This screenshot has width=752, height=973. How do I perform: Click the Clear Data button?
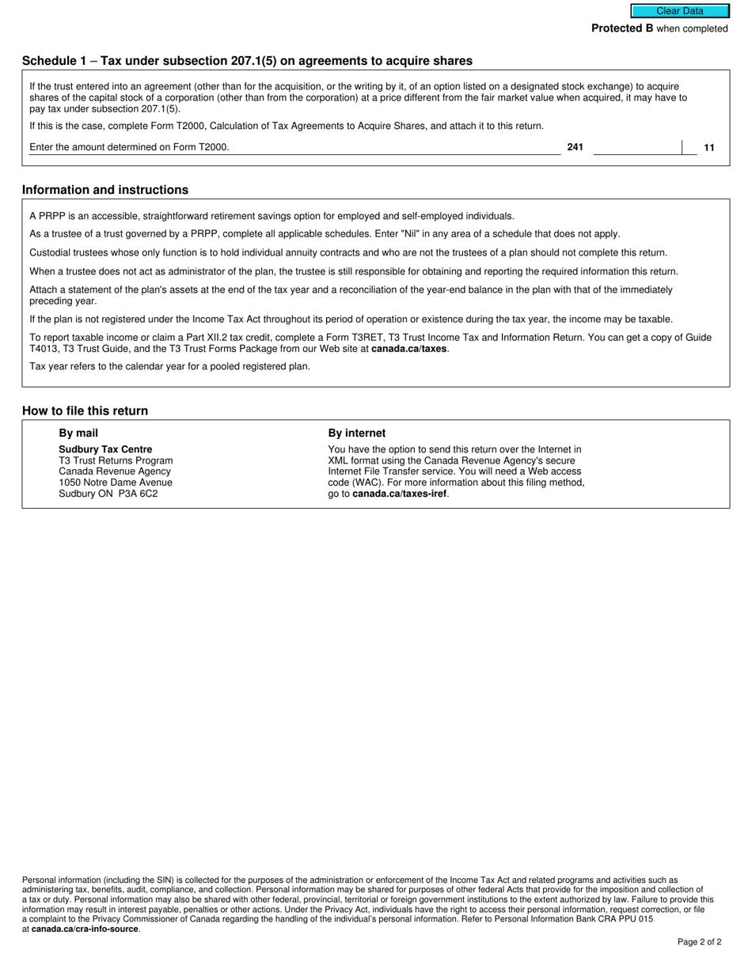tap(679, 11)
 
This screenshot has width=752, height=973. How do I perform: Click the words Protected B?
tap(622, 28)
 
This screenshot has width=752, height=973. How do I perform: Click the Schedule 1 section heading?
tap(247, 61)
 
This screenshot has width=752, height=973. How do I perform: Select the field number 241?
tap(575, 147)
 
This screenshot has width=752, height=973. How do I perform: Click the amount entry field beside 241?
tap(636, 147)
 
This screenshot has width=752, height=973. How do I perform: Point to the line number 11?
tap(709, 148)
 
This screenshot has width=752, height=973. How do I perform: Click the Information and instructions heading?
tap(105, 190)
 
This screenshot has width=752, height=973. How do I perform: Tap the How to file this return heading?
tap(85, 411)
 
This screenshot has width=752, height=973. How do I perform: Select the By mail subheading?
tap(78, 433)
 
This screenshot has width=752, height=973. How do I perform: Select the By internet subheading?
tap(357, 433)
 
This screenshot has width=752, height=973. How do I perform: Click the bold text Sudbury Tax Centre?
tap(105, 449)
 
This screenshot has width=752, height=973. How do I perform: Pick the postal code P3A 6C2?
tap(138, 494)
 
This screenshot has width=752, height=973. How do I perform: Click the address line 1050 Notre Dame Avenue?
tap(116, 483)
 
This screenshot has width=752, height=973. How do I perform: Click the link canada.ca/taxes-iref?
tap(400, 494)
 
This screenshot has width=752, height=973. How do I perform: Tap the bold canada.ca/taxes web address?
tap(408, 348)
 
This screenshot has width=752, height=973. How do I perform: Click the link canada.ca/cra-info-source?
tap(85, 929)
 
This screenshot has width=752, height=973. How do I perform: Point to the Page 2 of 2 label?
tap(699, 941)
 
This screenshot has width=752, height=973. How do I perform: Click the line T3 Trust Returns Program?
tap(116, 460)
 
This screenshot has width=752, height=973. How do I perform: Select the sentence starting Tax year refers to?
tap(169, 366)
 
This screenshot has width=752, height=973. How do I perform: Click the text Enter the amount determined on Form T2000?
tap(129, 147)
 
